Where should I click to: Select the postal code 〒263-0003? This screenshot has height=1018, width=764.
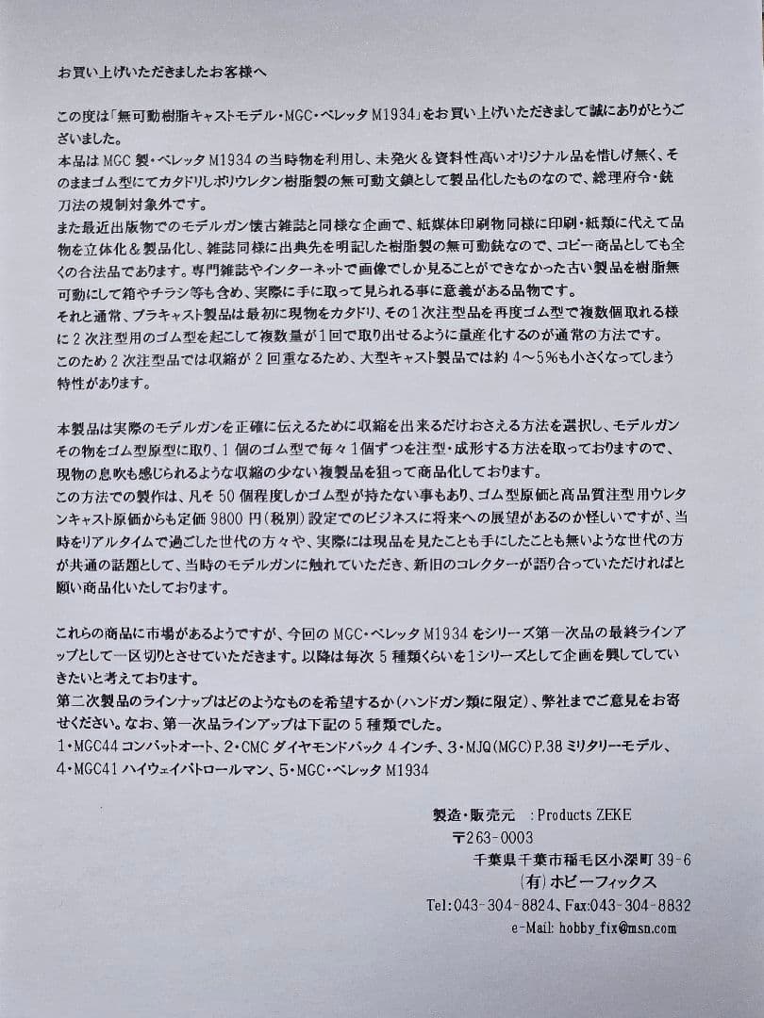click(x=492, y=837)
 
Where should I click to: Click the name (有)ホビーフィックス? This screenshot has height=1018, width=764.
click(x=588, y=882)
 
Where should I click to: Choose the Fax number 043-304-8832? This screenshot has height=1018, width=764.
click(x=650, y=905)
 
